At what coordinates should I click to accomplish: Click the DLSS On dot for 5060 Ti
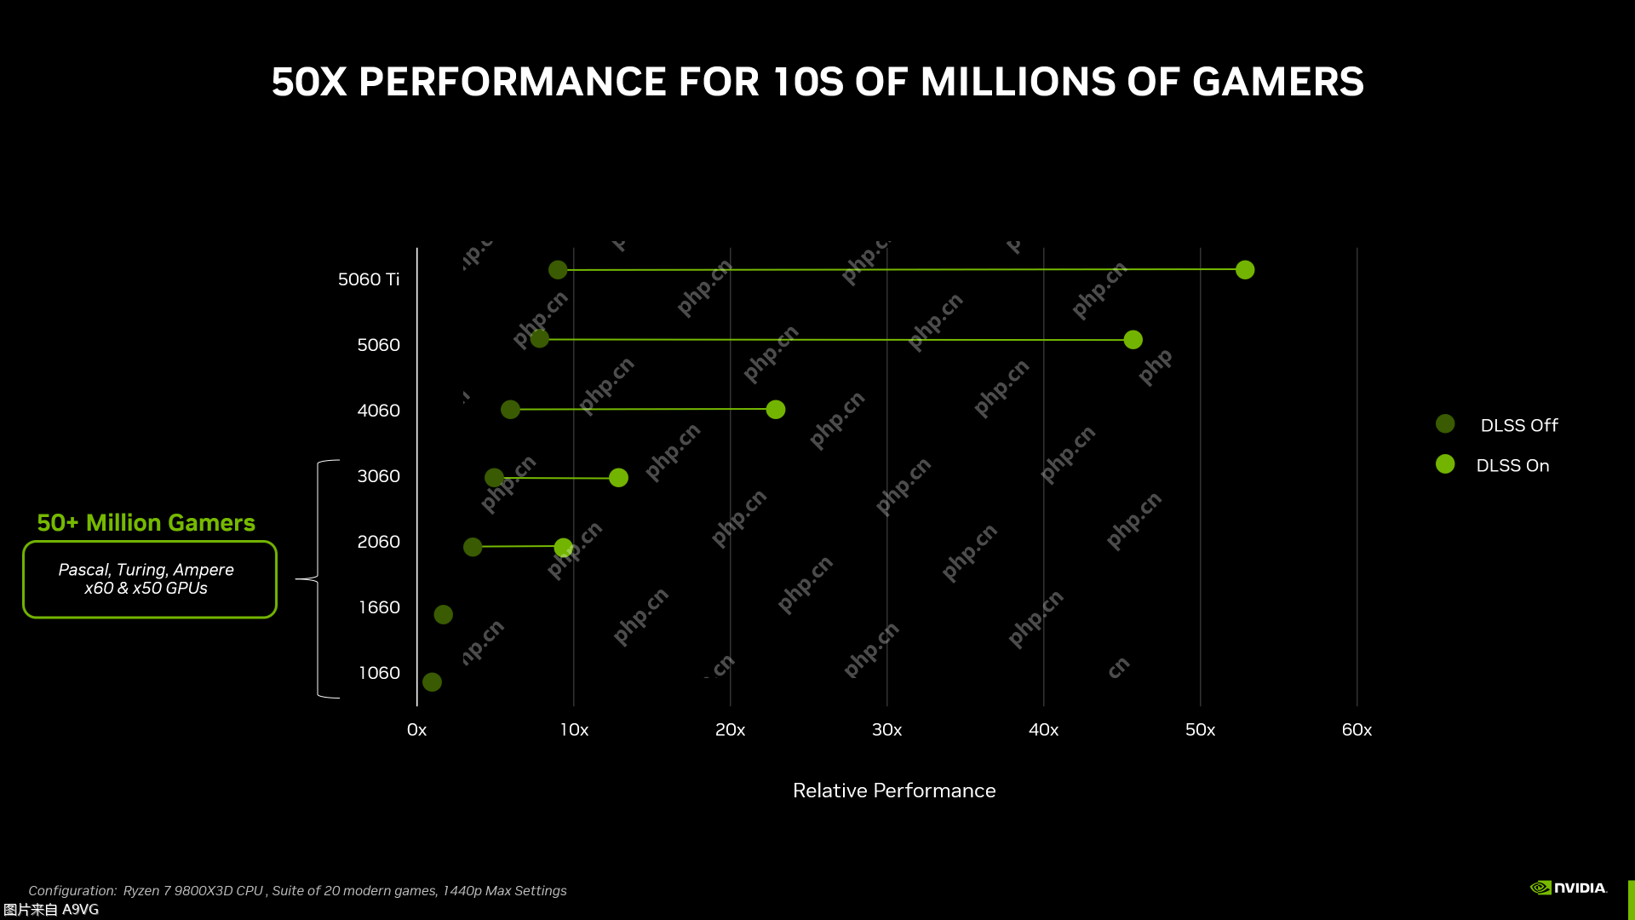[1245, 270]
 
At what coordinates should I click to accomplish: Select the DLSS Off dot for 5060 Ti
[558, 270]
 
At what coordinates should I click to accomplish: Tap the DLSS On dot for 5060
[1133, 340]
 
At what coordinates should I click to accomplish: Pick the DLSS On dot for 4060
[775, 410]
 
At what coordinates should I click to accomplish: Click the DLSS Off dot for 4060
[510, 410]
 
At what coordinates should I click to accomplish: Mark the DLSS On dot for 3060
[618, 478]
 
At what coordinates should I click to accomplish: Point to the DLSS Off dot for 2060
[473, 547]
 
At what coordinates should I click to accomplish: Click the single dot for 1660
[443, 615]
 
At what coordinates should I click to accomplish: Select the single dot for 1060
[432, 682]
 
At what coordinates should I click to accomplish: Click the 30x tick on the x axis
[886, 730]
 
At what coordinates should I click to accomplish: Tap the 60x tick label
[1357, 730]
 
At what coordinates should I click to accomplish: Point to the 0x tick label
[416, 730]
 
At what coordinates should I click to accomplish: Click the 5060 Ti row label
[369, 279]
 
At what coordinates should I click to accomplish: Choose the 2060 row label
[378, 542]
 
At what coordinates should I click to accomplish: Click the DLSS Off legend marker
[1445, 424]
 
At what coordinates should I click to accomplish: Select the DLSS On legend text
[1512, 466]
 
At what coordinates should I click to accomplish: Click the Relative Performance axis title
[894, 791]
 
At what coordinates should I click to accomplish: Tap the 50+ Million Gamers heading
[146, 523]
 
